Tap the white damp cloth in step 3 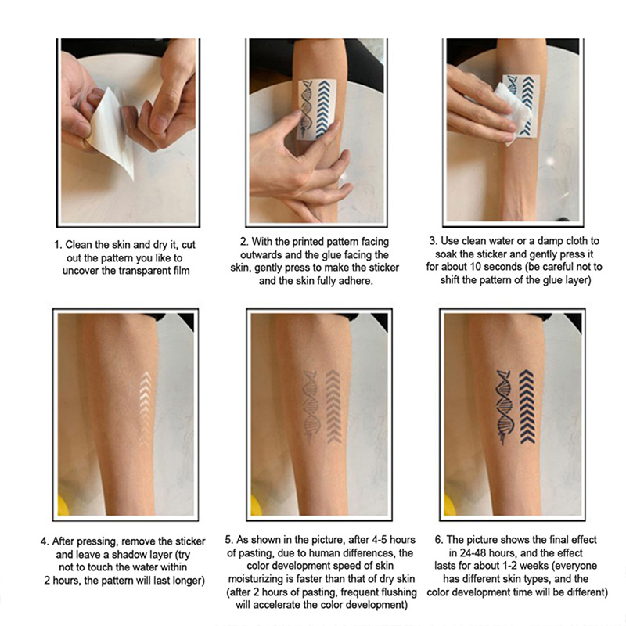[513, 108]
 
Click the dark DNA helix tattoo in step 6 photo [504, 407]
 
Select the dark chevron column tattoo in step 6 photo [527, 407]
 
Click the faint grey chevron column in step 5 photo [333, 407]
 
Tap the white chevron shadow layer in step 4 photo [146, 408]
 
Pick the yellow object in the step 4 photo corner [63, 505]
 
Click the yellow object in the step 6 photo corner [449, 505]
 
